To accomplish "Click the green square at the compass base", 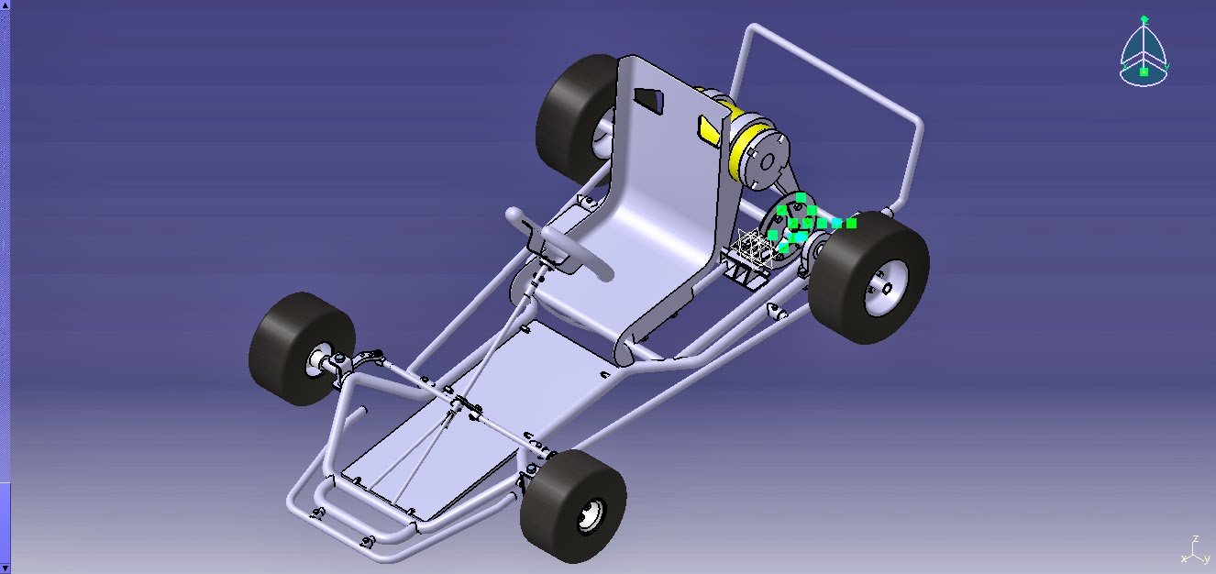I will (1144, 72).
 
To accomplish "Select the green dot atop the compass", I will (1144, 18).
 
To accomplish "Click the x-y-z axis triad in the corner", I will (1192, 551).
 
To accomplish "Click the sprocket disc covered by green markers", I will (789, 229).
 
